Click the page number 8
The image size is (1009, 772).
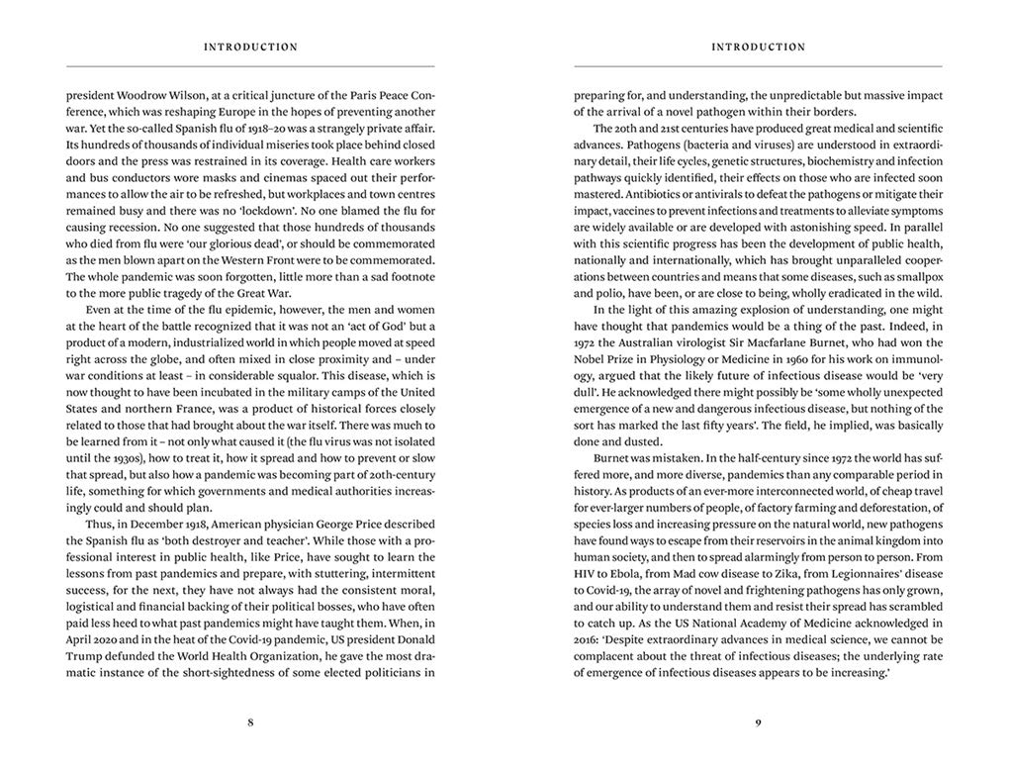pos(250,723)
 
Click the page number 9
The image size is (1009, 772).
pos(758,723)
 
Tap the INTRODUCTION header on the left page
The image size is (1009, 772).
pos(250,47)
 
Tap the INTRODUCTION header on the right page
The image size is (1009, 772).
pos(758,47)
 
